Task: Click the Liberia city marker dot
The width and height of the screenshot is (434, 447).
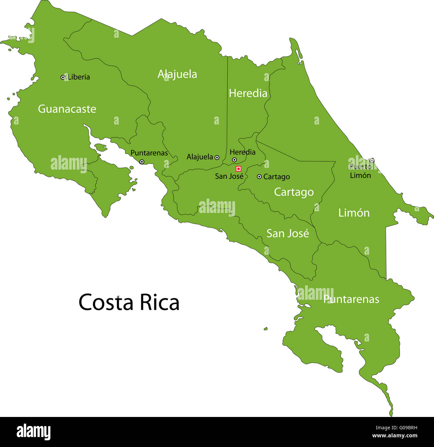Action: coord(63,77)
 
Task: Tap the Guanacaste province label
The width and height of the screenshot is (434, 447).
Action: coord(67,109)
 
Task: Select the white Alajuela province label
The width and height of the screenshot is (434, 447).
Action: coord(177,74)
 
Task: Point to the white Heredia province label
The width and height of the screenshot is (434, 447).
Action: coord(248,93)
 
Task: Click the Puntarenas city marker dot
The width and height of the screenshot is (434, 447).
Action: coord(142,162)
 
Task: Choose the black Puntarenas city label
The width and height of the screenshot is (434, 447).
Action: coord(149,153)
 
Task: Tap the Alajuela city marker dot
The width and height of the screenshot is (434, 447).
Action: coord(217,157)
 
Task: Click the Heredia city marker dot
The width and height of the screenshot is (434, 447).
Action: coord(234,160)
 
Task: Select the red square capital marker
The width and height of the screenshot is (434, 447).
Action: coord(238,169)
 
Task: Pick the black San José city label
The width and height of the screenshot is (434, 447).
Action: coord(229,176)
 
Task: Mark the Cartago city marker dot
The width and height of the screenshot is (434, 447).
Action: coord(259,177)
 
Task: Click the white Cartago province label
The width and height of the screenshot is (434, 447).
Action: coord(294,192)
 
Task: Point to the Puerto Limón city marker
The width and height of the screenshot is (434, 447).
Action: coord(372,161)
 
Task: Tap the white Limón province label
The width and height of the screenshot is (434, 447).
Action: coord(354,213)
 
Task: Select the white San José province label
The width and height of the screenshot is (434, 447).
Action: coord(287,233)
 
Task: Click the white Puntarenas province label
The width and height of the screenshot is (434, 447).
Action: coord(351,299)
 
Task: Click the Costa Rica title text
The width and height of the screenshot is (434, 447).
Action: coord(129,302)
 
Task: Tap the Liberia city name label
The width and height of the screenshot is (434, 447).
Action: coord(79,77)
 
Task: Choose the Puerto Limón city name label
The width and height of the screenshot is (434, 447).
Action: coord(360,171)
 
